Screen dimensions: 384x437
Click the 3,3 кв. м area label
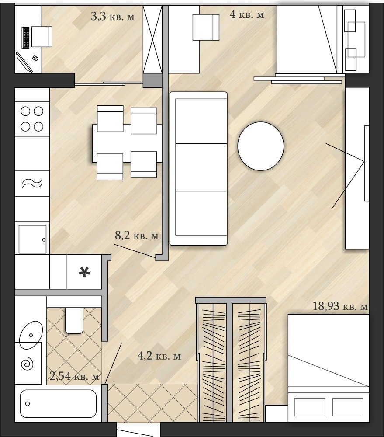(113, 17)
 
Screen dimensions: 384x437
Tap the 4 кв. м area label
(247, 14)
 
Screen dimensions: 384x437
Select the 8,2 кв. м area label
(137, 236)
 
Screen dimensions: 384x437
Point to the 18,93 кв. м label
(340, 306)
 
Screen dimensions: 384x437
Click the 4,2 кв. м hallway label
(159, 356)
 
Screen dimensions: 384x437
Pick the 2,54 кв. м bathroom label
(74, 376)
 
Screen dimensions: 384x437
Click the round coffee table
(260, 146)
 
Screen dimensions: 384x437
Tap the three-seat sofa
(198, 169)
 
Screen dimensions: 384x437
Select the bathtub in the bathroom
(58, 403)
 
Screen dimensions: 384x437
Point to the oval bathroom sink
(31, 335)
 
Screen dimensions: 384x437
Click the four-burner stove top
(32, 119)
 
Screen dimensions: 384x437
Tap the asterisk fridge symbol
(84, 272)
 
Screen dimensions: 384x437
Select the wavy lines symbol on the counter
(32, 183)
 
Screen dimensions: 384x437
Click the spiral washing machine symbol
(28, 364)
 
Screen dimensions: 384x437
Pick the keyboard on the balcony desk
(26, 38)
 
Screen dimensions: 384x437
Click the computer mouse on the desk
(35, 58)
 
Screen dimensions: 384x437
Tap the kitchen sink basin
(32, 239)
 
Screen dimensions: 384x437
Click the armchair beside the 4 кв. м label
(206, 27)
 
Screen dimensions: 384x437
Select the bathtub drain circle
(28, 403)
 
